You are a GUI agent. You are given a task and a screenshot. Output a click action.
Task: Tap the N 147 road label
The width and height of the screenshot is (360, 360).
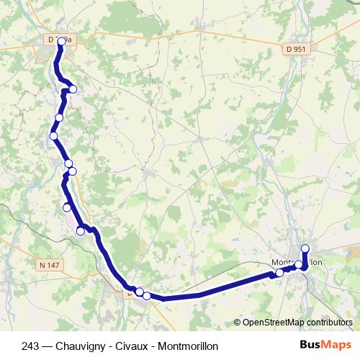[x=50, y=266]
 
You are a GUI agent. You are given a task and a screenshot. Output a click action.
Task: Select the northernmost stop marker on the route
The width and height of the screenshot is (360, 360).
[x=61, y=41]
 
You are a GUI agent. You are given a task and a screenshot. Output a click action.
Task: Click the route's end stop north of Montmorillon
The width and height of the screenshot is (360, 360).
[x=305, y=249]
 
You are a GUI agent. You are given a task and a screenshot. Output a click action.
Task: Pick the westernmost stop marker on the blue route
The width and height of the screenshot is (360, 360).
[x=53, y=135]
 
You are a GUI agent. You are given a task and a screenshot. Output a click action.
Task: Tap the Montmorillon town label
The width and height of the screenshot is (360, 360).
[x=296, y=262]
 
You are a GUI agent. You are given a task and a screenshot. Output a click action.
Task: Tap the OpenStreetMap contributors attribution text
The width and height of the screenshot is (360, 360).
[x=297, y=323]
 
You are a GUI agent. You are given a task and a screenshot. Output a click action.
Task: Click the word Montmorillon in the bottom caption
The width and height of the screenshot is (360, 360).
[x=188, y=346]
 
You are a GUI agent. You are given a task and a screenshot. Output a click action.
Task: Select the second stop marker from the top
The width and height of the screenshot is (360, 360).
[x=72, y=89]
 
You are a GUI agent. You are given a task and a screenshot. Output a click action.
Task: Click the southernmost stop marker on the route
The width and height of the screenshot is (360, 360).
[x=147, y=295]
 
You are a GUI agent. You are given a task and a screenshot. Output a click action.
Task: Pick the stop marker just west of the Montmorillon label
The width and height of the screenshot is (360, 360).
[x=280, y=272]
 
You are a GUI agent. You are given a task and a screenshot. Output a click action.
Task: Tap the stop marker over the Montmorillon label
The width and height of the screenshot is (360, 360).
[x=299, y=265]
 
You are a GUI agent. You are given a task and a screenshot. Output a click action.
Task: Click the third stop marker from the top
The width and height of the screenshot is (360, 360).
[x=59, y=117]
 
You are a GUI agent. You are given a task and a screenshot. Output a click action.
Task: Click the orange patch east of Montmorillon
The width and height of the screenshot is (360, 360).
[x=353, y=253]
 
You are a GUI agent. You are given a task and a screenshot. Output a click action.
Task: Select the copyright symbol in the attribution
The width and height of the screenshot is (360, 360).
[x=238, y=323]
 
